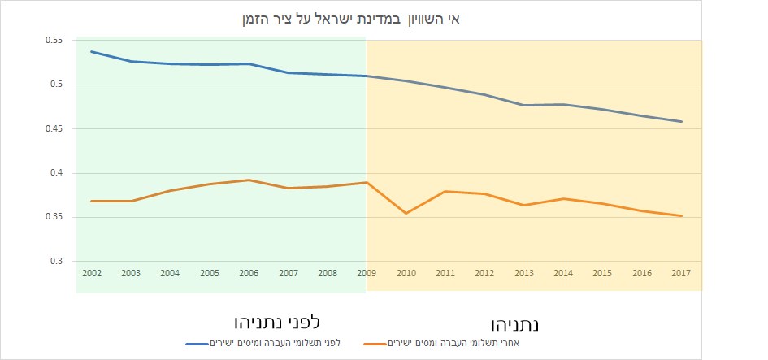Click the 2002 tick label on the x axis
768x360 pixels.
click(91, 273)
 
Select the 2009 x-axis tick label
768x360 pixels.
click(366, 273)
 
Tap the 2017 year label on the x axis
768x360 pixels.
click(681, 273)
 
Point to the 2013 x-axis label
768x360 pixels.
click(523, 273)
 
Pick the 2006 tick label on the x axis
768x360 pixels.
click(249, 273)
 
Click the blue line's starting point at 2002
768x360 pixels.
click(91, 51)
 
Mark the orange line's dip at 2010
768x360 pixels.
click(406, 213)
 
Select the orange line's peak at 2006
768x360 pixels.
click(249, 180)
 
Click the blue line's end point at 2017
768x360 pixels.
click(681, 122)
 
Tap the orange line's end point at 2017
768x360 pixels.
click(681, 216)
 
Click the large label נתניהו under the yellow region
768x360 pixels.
click(515, 323)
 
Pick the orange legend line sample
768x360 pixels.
click(376, 344)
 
